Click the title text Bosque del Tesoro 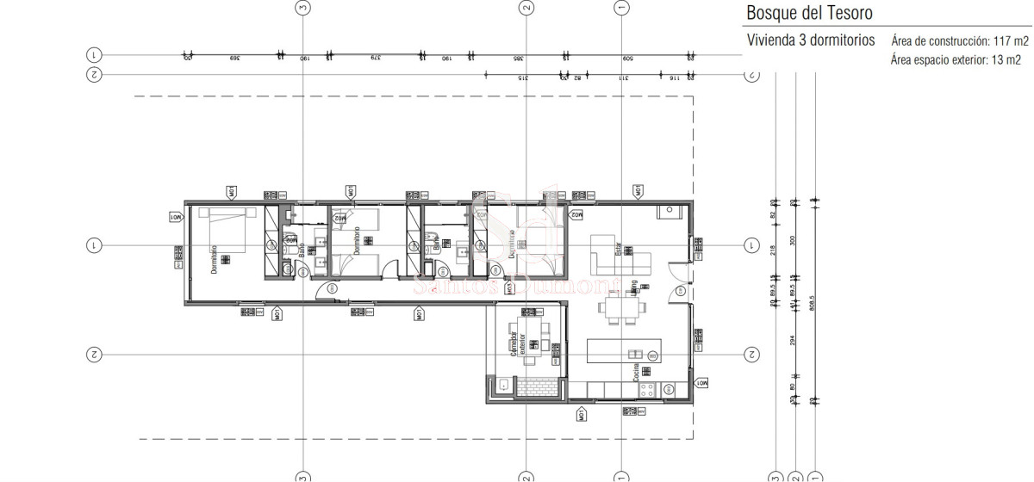tap(802, 13)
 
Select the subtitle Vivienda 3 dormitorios tap(810, 40)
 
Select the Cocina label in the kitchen tap(635, 373)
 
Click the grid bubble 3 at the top tap(302, 8)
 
